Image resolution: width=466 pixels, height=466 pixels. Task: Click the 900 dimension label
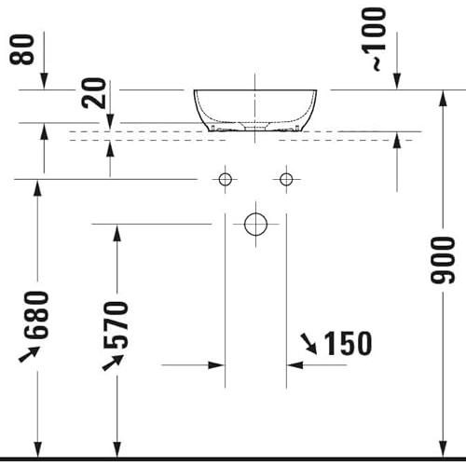click(443, 260)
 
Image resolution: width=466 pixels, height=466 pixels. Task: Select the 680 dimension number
click(37, 315)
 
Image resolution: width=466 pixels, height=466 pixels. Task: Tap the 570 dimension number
click(116, 324)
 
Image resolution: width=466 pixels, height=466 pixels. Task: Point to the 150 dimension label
click(348, 343)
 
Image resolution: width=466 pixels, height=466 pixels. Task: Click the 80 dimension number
click(21, 49)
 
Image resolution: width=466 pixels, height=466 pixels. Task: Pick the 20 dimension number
click(94, 93)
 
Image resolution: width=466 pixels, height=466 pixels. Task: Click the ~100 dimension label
click(375, 39)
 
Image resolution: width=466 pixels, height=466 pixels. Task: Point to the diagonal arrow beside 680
click(29, 354)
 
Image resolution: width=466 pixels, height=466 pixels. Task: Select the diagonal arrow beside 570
click(113, 363)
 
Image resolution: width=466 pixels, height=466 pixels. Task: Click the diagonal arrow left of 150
click(308, 344)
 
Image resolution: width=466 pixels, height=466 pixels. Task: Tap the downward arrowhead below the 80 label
click(44, 81)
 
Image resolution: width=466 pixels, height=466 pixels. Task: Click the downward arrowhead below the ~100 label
click(397, 81)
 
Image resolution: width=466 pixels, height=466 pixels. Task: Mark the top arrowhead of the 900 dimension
click(443, 99)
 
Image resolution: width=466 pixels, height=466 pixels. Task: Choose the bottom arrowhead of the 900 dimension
click(443, 449)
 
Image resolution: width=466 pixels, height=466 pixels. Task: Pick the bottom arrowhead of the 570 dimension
click(116, 449)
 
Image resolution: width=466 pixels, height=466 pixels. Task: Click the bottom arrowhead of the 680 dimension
click(37, 449)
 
